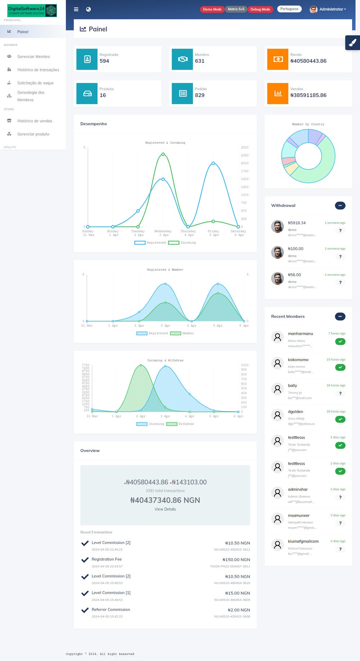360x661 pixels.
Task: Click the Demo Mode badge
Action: point(212,9)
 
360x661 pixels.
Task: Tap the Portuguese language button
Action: point(289,9)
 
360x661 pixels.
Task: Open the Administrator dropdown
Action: point(328,9)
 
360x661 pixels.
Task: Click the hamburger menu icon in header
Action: point(76,9)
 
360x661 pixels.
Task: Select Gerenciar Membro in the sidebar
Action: point(33,57)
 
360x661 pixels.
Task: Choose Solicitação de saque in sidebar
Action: point(35,83)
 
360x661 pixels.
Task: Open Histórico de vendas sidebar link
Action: point(35,121)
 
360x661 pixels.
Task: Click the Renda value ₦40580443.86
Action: point(308,61)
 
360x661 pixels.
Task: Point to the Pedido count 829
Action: point(199,95)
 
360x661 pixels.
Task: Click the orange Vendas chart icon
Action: point(278,94)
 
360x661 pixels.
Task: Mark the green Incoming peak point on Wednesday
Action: point(163,154)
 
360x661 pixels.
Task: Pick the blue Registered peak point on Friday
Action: point(213,163)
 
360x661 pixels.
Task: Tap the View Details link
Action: point(165,509)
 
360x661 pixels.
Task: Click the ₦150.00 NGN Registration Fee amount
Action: point(236,560)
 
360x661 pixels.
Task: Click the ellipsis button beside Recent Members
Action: point(340,316)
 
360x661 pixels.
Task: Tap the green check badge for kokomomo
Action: point(340,367)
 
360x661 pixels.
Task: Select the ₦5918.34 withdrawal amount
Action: point(297,223)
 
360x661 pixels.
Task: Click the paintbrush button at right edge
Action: point(352,43)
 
